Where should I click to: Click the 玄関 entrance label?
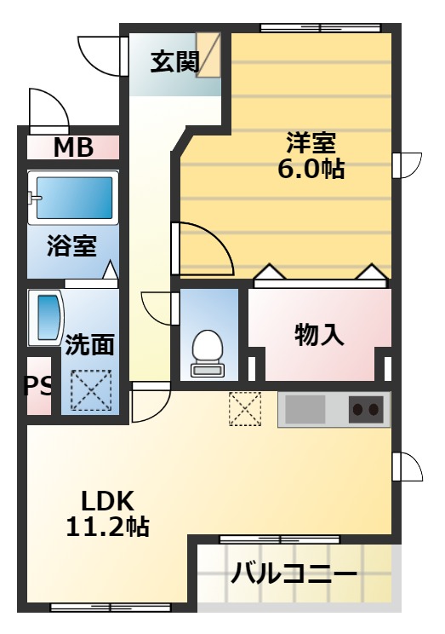pyautogui.click(x=175, y=62)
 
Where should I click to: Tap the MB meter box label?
pyautogui.click(x=73, y=147)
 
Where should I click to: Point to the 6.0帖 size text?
pyautogui.click(x=311, y=169)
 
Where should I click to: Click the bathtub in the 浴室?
pyautogui.click(x=72, y=198)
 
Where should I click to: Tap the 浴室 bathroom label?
pyautogui.click(x=71, y=248)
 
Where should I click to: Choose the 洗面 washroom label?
pyautogui.click(x=90, y=344)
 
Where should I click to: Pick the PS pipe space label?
pyautogui.click(x=37, y=387)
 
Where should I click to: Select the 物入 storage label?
pyautogui.click(x=319, y=335)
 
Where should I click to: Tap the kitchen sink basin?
pyautogui.click(x=305, y=410)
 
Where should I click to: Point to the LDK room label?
pyautogui.click(x=107, y=499)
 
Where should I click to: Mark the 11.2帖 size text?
pyautogui.click(x=107, y=527)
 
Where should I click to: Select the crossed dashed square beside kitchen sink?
pyautogui.click(x=244, y=408)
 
